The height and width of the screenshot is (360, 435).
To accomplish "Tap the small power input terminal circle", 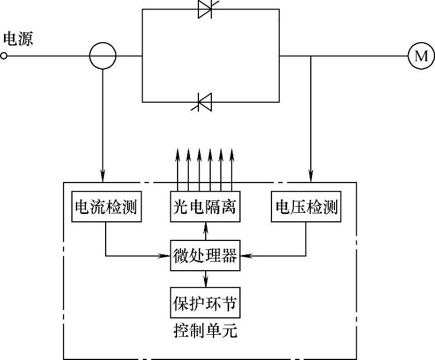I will [4, 56].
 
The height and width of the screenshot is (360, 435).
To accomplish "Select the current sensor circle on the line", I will [103, 56].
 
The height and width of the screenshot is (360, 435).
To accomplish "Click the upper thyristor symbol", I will [206, 10].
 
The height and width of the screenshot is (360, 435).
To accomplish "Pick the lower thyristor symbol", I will [206, 102].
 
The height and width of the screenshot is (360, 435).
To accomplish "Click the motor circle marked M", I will [421, 56].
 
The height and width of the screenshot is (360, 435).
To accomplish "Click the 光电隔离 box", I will [205, 207].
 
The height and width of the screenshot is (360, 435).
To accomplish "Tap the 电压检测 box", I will [306, 207].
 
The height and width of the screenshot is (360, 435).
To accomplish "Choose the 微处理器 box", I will [205, 256].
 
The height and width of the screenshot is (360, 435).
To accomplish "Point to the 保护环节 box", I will [205, 304].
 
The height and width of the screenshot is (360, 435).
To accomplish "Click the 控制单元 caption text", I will [205, 331].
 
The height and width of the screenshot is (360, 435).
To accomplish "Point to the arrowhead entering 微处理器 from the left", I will [167, 256].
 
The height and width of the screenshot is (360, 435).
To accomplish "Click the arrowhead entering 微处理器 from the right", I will [244, 256].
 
